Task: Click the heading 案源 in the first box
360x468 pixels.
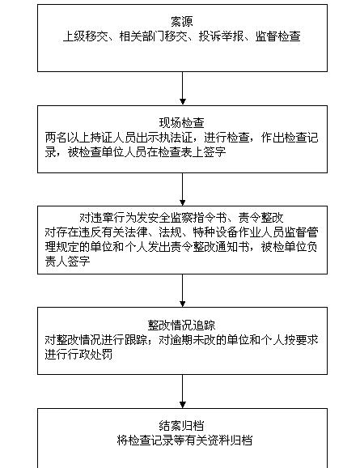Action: click(x=182, y=22)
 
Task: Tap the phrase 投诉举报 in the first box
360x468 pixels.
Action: click(x=221, y=36)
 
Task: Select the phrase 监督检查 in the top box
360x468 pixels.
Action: click(x=277, y=36)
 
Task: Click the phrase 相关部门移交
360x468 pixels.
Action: click(x=154, y=36)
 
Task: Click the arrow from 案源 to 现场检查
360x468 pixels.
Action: click(x=183, y=88)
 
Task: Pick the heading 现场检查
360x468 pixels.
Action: click(x=182, y=123)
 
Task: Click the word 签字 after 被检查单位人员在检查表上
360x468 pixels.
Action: click(x=214, y=152)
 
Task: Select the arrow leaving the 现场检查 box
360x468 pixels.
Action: click(x=183, y=189)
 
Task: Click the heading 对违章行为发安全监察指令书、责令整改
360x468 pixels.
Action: click(x=182, y=218)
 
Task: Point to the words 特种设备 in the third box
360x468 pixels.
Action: click(x=216, y=232)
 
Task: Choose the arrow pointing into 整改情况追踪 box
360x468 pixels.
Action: click(x=183, y=291)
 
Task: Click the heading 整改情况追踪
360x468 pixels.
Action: click(x=182, y=325)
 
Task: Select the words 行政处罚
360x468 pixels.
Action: click(x=90, y=355)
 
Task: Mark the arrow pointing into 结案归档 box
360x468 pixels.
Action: click(x=183, y=391)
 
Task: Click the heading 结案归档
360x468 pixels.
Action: click(x=182, y=426)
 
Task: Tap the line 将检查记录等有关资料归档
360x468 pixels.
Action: click(x=184, y=440)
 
